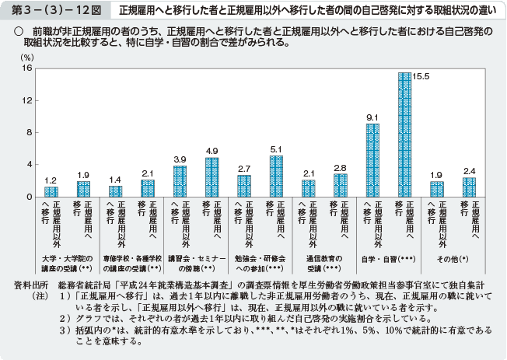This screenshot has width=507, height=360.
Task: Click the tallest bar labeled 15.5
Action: click(x=404, y=135)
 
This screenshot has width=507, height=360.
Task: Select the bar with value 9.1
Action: click(x=372, y=160)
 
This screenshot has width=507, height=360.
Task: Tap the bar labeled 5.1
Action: click(x=276, y=177)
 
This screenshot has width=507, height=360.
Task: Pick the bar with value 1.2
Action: click(x=51, y=191)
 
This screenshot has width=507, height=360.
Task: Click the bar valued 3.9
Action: click(x=180, y=181)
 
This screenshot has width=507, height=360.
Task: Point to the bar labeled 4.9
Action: click(x=212, y=177)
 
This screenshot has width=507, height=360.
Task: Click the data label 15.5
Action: click(x=419, y=76)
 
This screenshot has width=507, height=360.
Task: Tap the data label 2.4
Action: click(x=469, y=170)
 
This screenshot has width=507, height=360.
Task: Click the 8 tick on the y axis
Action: click(x=27, y=132)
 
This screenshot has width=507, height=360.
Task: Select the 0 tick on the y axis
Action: click(x=27, y=197)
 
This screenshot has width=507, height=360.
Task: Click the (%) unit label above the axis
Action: click(x=27, y=58)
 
